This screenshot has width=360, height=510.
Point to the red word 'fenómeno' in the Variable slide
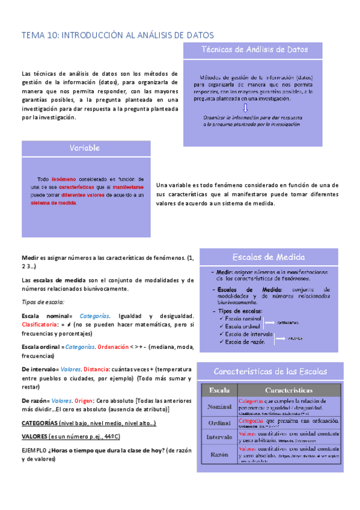pos(63,179)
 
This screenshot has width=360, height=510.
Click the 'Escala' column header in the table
pos(219,390)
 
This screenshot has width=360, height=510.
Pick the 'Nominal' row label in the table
pos(219,406)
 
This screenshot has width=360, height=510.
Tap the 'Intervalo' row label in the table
pos(219,437)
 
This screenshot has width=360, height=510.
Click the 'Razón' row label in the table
pos(219,455)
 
